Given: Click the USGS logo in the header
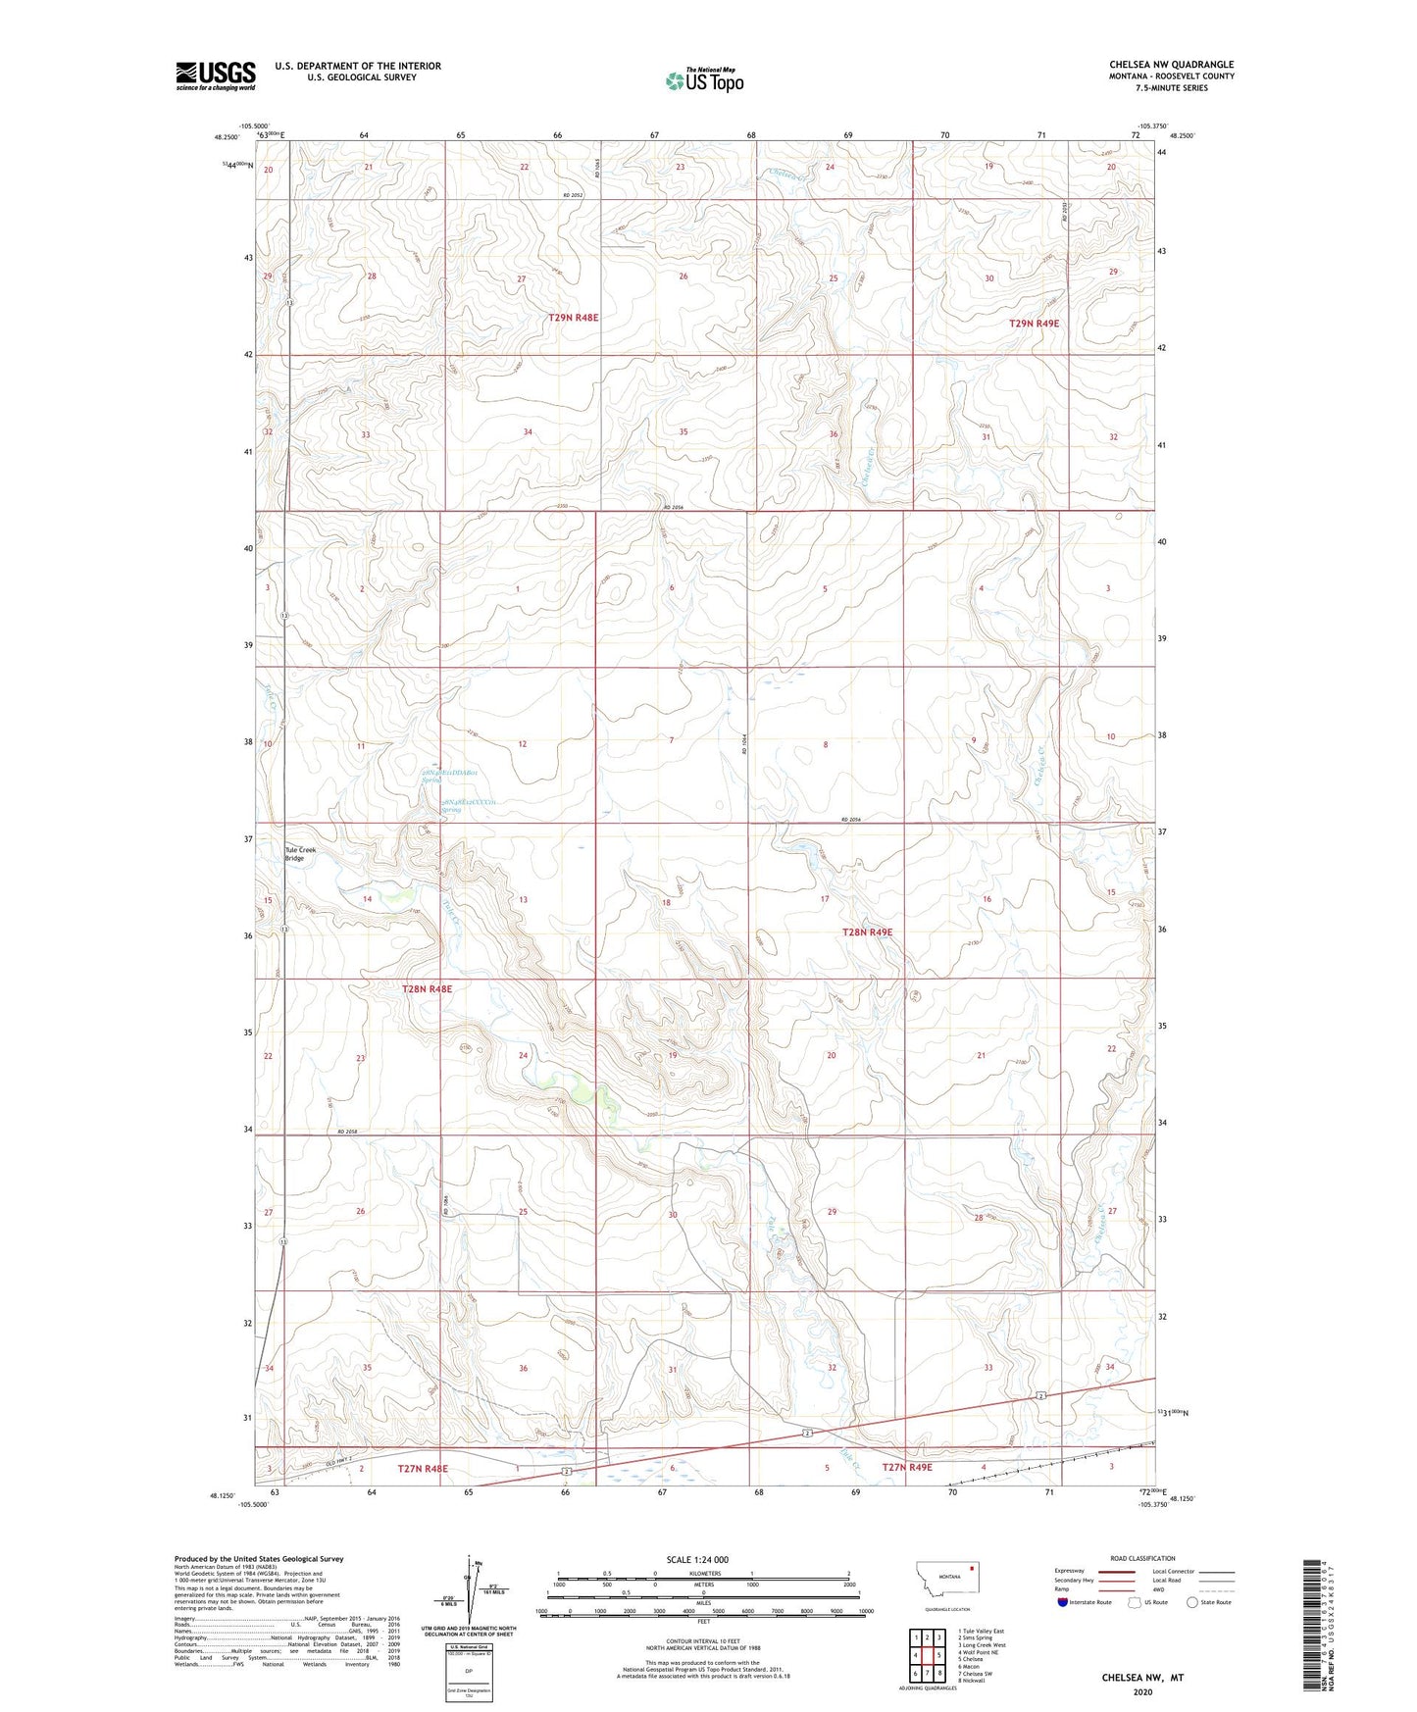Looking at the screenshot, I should click(x=215, y=76).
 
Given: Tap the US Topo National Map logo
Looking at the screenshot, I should click(x=704, y=80).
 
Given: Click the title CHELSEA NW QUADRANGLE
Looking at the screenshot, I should click(x=1171, y=65).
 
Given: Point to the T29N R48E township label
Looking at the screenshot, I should click(x=573, y=318).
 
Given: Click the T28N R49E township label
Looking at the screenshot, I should click(x=867, y=932).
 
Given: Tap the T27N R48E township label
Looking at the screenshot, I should click(x=423, y=1468).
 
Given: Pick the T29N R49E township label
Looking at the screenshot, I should click(x=1035, y=323).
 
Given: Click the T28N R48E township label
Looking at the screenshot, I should click(x=427, y=989).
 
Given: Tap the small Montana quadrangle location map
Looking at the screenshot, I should click(x=946, y=1581).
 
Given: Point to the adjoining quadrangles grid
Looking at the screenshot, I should click(x=927, y=1654).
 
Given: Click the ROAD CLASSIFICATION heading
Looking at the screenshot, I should click(x=1142, y=1558).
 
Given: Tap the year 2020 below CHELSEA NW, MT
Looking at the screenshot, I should click(x=1141, y=1691).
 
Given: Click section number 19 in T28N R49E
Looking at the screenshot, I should click(x=673, y=1055).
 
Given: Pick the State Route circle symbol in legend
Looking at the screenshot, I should click(x=1192, y=1602).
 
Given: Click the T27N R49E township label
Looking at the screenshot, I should click(x=907, y=1467).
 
